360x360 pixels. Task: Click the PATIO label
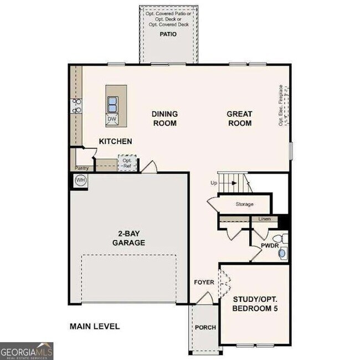click(168, 34)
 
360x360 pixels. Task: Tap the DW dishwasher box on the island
click(112, 119)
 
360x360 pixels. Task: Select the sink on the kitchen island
click(112, 103)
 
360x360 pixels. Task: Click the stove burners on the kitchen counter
click(76, 105)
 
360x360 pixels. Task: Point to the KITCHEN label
click(115, 142)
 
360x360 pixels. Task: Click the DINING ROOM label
click(164, 119)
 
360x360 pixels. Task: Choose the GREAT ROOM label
click(239, 119)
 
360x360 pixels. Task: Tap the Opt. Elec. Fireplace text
click(281, 105)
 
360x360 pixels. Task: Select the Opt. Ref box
click(127, 162)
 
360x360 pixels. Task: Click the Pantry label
click(81, 168)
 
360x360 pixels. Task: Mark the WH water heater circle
click(80, 181)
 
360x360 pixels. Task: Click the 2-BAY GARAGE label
click(128, 238)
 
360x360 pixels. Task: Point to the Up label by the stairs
click(214, 182)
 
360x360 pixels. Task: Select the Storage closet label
click(244, 204)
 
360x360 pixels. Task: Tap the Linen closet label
click(264, 219)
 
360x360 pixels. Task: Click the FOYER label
click(204, 282)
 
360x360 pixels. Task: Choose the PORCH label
click(205, 327)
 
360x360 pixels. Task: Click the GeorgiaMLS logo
click(27, 351)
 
